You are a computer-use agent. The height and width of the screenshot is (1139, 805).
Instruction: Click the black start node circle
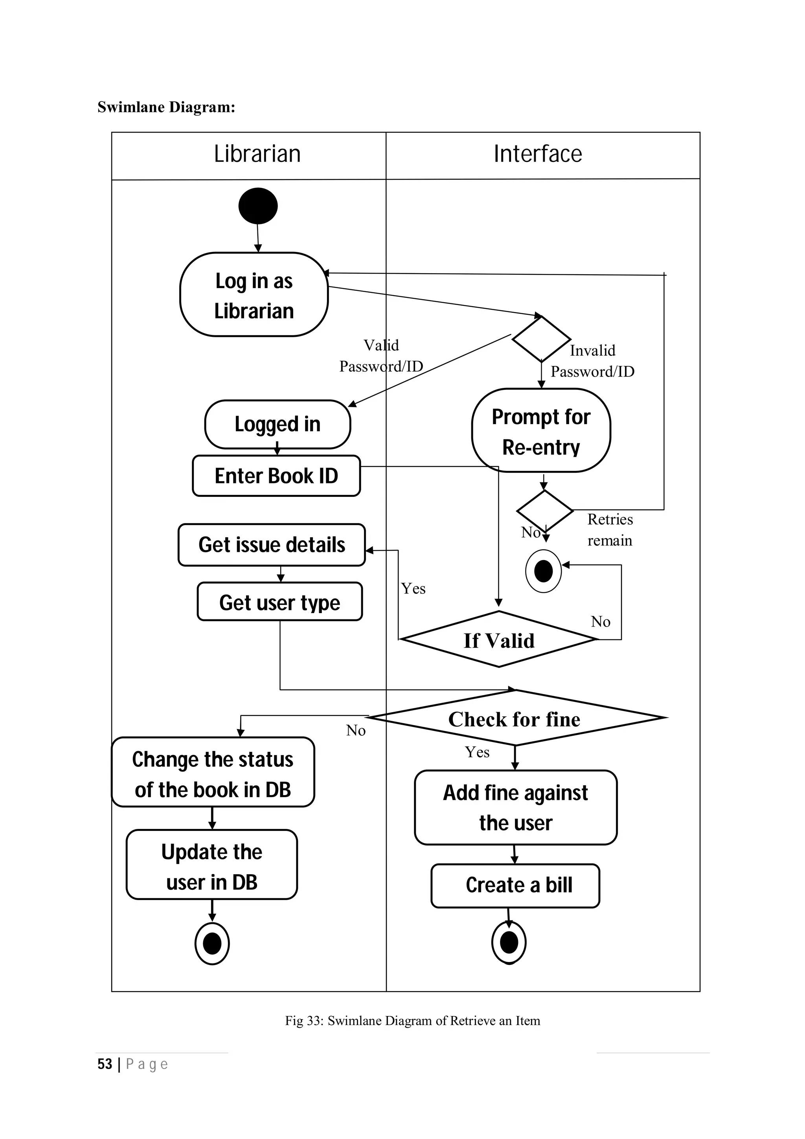257,206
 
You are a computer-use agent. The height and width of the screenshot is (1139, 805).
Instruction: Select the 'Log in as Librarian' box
254,295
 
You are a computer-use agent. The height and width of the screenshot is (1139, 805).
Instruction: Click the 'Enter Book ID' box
276,476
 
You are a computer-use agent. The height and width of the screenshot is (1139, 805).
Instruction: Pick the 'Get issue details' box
271,545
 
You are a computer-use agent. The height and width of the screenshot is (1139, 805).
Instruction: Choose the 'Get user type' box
280,602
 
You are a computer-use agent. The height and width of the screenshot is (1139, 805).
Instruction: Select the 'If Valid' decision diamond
498,640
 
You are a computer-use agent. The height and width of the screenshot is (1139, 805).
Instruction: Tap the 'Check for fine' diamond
515,719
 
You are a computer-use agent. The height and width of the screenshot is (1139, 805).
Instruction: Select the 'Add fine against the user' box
515,807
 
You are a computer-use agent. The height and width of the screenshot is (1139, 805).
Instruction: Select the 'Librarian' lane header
257,154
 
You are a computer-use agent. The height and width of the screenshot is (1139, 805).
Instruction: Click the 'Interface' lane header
538,154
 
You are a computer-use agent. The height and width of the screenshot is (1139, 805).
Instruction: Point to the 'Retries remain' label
610,530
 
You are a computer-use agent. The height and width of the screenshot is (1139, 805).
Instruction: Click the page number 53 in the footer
105,1064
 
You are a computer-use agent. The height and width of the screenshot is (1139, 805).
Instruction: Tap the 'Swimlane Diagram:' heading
166,107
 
